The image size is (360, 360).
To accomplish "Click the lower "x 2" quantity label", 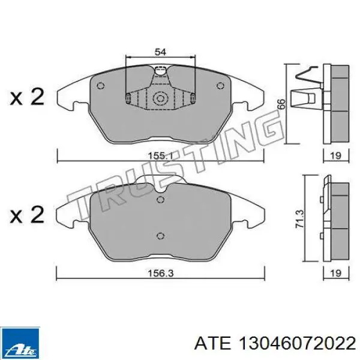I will [28, 214].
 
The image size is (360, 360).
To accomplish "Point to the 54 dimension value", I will [160, 52].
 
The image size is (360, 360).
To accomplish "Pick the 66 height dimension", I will [280, 103].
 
